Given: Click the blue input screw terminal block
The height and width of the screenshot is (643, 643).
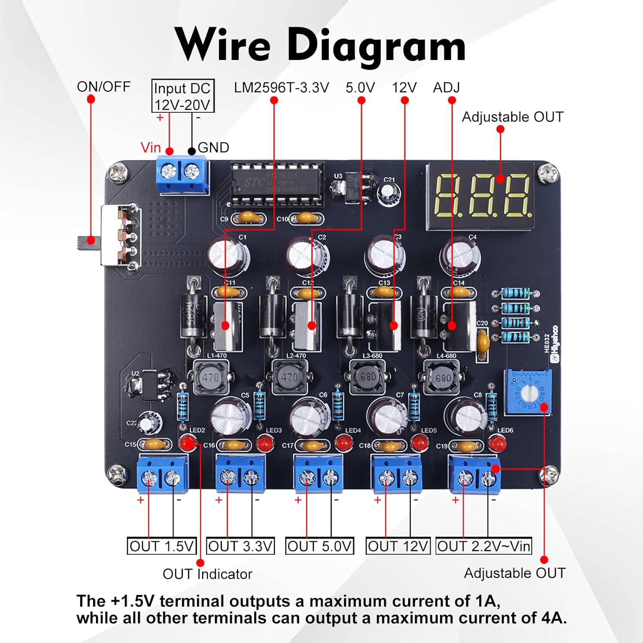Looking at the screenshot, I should point(182,174).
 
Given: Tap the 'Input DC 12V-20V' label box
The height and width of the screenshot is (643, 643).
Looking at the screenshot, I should point(183,96).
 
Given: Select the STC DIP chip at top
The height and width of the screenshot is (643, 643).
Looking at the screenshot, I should point(276,183).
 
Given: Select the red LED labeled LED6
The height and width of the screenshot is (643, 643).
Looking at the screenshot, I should point(497,443).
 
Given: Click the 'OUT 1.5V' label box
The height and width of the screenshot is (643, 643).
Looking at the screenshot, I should point(162,547).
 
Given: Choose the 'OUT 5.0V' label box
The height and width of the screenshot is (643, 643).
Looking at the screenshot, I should point(319,547).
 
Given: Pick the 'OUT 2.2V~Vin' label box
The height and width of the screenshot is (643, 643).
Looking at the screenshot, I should point(484,547).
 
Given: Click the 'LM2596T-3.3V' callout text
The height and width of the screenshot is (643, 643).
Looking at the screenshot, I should point(281,87).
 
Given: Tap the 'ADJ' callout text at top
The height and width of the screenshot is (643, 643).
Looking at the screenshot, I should point(446,87).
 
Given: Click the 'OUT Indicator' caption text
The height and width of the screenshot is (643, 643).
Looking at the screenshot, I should point(207,574).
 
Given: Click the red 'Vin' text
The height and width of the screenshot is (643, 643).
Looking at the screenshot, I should point(150,148).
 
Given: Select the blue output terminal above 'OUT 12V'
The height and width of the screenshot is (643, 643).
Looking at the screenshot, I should point(397,475).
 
